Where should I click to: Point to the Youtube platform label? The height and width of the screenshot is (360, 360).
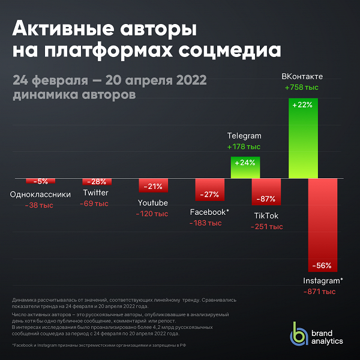tap(153, 203)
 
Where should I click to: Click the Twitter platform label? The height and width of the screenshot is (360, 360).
tap(96, 193)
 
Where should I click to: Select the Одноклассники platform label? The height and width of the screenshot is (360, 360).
tap(41, 194)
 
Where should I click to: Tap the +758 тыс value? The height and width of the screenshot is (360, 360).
tap(302, 88)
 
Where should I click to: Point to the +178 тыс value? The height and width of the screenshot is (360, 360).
tap(244, 146)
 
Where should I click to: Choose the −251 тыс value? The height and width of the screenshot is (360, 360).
tap(266, 227)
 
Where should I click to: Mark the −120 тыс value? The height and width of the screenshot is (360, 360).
tap(152, 214)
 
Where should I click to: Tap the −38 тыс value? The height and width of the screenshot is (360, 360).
tap(39, 205)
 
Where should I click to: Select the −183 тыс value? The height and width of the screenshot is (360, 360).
tap(205, 223)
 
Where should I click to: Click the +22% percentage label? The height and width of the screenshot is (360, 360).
tap(302, 105)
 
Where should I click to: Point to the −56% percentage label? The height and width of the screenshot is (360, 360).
tap(321, 266)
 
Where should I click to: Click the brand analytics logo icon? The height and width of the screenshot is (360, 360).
tap(299, 334)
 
